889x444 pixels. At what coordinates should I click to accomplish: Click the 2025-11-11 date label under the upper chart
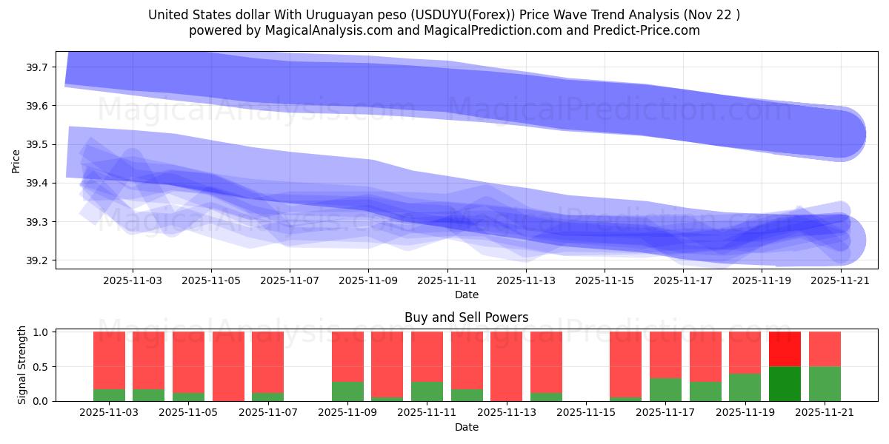(x=447, y=281)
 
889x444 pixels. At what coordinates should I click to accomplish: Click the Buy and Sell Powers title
(x=466, y=317)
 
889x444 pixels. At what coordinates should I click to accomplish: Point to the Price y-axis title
(x=16, y=161)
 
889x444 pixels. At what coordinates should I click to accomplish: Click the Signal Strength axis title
(x=22, y=365)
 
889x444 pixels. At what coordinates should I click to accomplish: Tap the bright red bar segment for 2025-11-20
(x=785, y=349)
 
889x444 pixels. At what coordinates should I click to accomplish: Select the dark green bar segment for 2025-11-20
(x=785, y=383)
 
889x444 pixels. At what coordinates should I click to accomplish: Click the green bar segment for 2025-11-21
(x=825, y=383)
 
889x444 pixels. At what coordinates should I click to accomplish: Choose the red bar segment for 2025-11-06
(x=228, y=366)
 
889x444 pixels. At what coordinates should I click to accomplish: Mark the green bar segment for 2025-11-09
(x=347, y=391)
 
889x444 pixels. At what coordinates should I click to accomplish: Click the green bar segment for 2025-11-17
(x=665, y=389)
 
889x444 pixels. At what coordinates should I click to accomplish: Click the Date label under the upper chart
(x=466, y=295)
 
